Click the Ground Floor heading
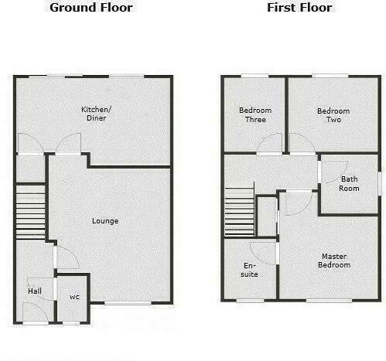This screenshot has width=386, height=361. (x=91, y=8)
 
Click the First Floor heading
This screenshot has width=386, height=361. (x=299, y=8)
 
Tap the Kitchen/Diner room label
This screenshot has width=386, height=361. (x=97, y=114)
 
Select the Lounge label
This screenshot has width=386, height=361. (x=105, y=221)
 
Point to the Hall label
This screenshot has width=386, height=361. (x=35, y=291)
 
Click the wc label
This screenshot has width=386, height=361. (x=75, y=297)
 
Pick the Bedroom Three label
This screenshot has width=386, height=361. (x=252, y=115)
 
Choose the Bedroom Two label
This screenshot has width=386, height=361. (x=333, y=115)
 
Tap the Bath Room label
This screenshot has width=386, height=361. (x=350, y=184)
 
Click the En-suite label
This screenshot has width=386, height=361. (x=250, y=269)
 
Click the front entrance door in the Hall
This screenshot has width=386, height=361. (x=35, y=312)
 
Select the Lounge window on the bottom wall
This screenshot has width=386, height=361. (x=128, y=303)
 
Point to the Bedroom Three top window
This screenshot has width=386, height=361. (x=253, y=76)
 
